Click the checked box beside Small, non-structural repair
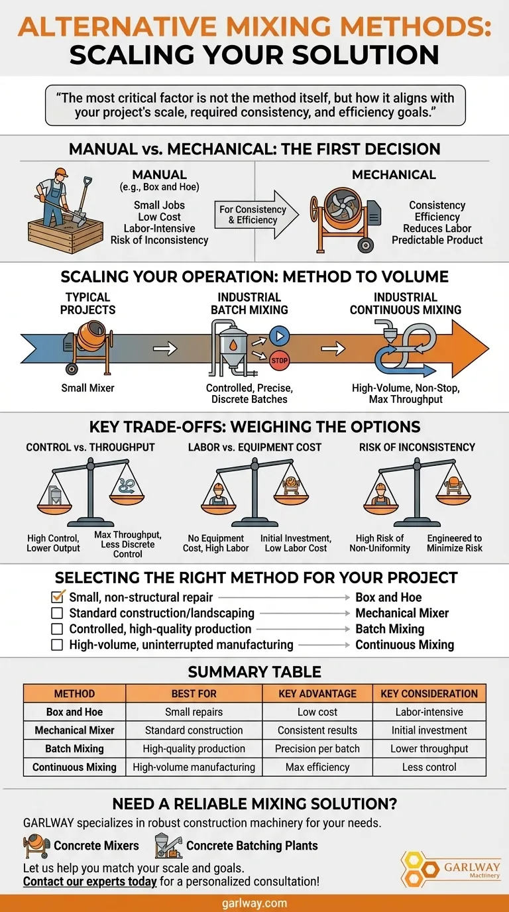(58, 597)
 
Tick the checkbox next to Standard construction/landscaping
(57, 613)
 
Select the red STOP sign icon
(280, 360)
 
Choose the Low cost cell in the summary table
(317, 712)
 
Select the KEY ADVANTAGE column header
(317, 693)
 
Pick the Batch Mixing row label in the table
(74, 748)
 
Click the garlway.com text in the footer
(254, 903)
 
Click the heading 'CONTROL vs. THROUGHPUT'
(90, 447)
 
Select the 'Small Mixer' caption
(87, 388)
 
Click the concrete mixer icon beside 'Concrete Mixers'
(35, 846)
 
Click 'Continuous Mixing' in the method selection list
(404, 644)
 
